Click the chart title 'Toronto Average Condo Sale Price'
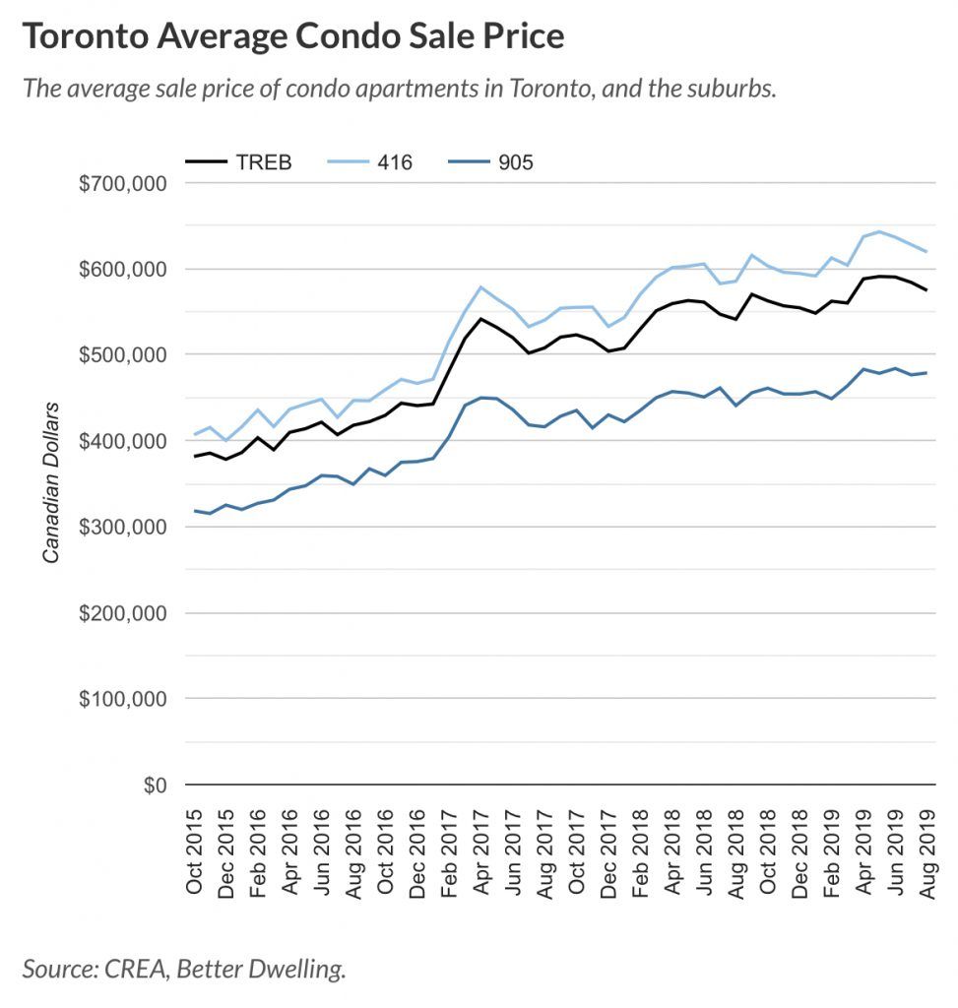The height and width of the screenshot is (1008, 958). (293, 36)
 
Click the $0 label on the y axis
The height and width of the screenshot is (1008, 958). (153, 786)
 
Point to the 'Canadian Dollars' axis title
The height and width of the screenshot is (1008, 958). (51, 482)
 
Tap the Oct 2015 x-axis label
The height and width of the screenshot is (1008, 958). (195, 851)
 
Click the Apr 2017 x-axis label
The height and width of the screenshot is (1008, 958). (481, 851)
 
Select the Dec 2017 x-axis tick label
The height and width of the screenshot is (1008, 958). (608, 851)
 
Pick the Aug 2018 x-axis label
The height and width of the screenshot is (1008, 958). (735, 851)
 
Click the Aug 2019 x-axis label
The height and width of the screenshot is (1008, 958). (926, 851)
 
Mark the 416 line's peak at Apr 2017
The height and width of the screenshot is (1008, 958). (480, 287)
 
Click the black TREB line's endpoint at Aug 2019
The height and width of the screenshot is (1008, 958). (926, 289)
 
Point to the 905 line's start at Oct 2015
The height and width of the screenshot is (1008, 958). (195, 511)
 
